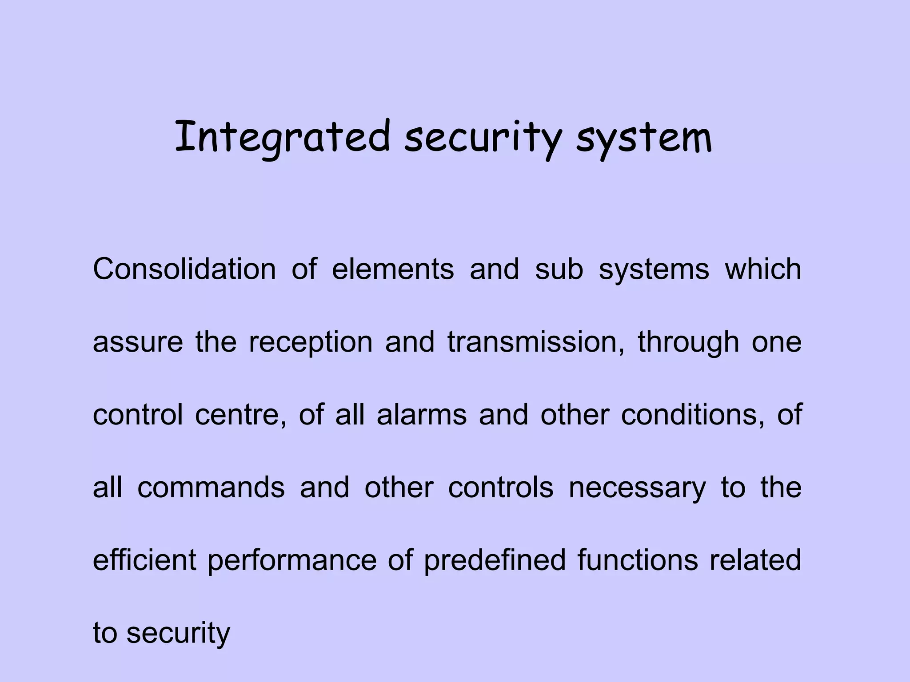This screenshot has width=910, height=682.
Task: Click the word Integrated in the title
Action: point(282,138)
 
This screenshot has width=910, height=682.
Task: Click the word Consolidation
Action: point(184,269)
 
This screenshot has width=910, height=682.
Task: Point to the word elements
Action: point(393,269)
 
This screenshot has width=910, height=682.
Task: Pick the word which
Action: point(763,269)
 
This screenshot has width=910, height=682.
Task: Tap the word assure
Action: point(138,342)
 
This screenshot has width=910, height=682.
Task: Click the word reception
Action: point(310,343)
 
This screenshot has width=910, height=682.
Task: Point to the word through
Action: point(688,343)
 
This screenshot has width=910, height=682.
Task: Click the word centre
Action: point(240,415)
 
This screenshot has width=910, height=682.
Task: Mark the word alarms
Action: point(422,415)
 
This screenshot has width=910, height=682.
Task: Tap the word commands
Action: point(211,488)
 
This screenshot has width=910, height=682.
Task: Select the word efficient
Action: point(144,560)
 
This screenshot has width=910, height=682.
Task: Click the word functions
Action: point(638,560)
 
